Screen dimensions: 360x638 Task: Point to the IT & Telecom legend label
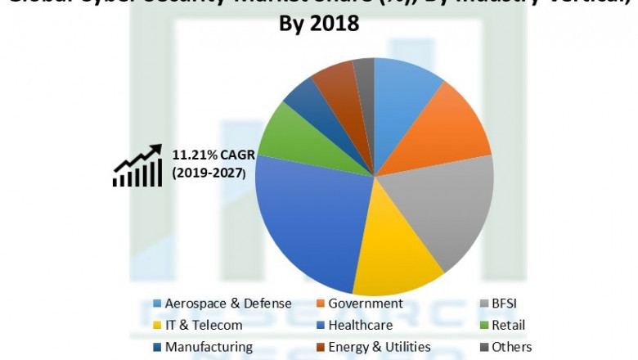(x=204, y=325)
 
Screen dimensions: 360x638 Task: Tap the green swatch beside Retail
(x=483, y=325)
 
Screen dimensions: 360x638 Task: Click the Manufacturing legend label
(x=209, y=347)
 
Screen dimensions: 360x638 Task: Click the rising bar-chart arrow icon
(x=137, y=166)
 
